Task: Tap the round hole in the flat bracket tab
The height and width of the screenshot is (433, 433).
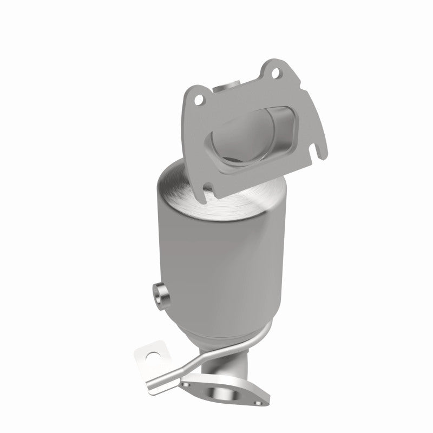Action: [x=152, y=356]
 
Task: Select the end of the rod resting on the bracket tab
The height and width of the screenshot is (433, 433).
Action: [x=157, y=370]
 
